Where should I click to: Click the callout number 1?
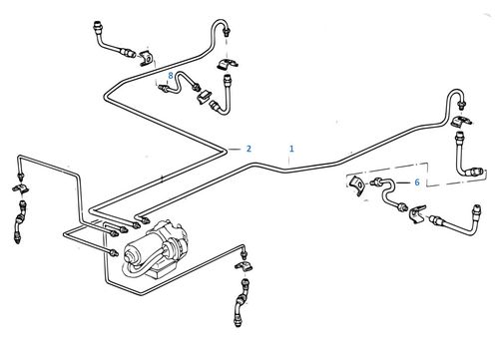pyautogui.click(x=290, y=149)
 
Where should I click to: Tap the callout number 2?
pyautogui.click(x=249, y=149)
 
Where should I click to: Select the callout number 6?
pyautogui.click(x=417, y=183)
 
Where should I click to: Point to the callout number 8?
pyautogui.click(x=171, y=75)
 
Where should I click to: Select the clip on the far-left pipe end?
pyautogui.click(x=21, y=187)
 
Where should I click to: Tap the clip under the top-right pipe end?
pyautogui.click(x=461, y=125)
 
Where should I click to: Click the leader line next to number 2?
pyautogui.click(x=234, y=149)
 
